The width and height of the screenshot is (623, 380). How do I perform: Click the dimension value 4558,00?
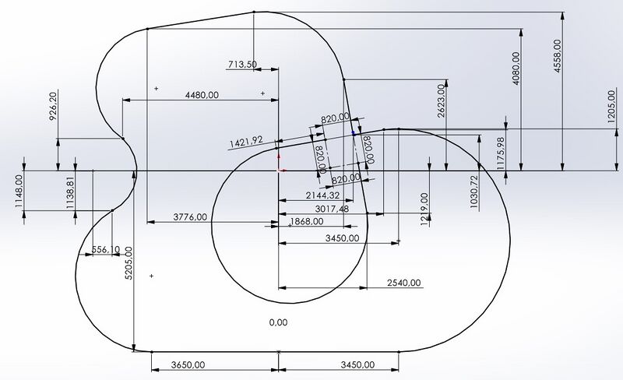[558, 55]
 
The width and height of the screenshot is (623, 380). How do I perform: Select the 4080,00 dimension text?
[516, 69]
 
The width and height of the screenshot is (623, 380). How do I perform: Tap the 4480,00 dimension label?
[202, 95]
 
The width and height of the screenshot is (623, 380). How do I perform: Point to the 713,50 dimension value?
[242, 64]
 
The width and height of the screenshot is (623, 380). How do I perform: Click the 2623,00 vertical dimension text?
[441, 101]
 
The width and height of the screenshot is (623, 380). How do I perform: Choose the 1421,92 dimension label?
[246, 142]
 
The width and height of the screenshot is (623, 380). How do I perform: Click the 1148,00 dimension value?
[19, 192]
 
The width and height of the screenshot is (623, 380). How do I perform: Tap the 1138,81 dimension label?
[70, 193]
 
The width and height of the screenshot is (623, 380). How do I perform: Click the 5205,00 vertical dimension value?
[128, 262]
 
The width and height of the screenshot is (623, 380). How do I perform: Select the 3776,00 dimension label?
[190, 217]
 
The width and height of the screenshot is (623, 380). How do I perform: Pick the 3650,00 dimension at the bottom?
[188, 364]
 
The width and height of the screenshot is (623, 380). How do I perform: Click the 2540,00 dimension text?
[403, 283]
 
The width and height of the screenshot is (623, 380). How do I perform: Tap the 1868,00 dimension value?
[307, 221]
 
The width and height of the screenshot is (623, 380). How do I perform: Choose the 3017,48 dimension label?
[332, 209]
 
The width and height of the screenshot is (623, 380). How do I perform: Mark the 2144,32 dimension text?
[322, 195]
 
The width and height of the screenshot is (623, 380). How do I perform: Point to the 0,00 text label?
[278, 322]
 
